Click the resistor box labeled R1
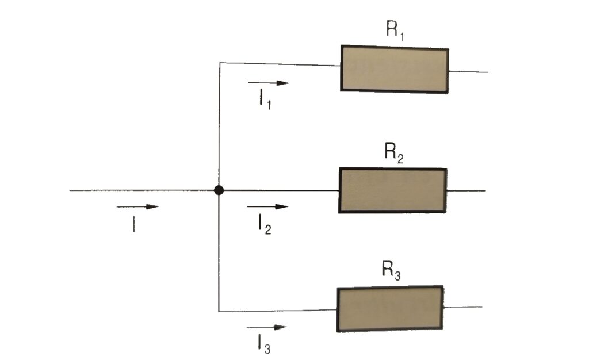tap(395, 69)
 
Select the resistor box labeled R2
tap(393, 191)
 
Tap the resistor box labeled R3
tap(390, 309)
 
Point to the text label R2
tap(394, 154)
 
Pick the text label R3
tap(392, 270)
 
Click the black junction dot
tap(219, 190)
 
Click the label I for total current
tap(133, 224)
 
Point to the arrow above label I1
tap(269, 83)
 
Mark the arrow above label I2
tap(267, 206)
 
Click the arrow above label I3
tap(266, 328)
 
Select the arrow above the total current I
tap(137, 206)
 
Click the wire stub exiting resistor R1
tap(468, 72)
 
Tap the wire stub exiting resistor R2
tap(466, 190)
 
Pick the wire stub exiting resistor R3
tap(463, 307)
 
